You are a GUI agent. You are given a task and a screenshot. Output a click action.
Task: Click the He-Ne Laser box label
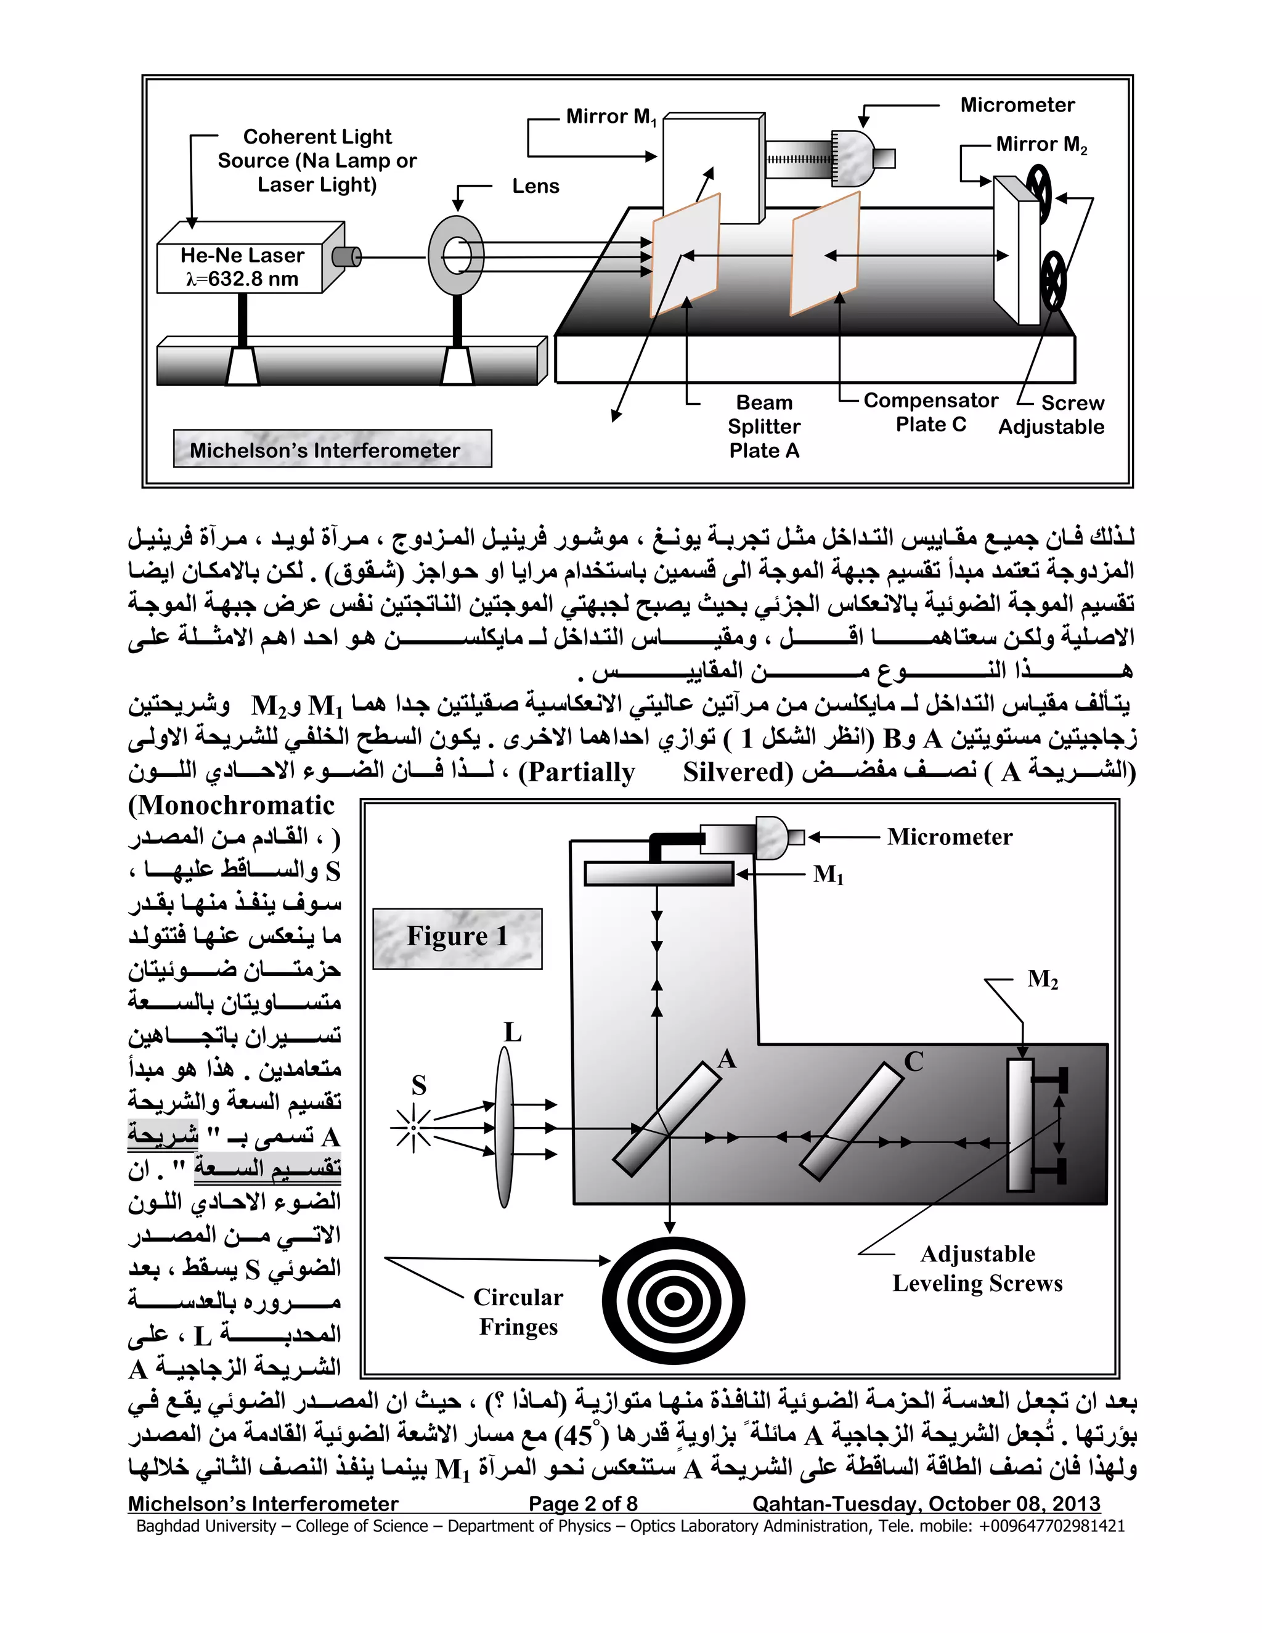tap(242, 267)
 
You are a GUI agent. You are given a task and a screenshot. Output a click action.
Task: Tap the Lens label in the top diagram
tap(535, 186)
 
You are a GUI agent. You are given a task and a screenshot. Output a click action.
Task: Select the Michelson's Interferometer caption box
tap(332, 449)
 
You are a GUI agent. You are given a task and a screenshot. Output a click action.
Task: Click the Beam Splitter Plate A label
tap(764, 427)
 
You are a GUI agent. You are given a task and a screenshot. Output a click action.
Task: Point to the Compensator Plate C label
tap(931, 412)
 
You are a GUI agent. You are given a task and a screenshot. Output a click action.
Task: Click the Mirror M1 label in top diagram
tap(610, 117)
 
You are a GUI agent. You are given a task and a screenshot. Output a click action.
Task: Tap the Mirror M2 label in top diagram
tap(1041, 144)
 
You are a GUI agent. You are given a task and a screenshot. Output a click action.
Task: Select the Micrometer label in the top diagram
tap(1017, 105)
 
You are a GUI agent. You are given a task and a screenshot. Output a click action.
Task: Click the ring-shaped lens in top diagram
tap(455, 256)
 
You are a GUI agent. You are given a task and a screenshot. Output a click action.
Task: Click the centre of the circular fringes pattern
tap(674, 1301)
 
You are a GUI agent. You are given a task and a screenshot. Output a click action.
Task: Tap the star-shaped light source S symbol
tap(412, 1128)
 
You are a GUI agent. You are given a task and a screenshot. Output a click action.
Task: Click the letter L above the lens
tap(512, 1033)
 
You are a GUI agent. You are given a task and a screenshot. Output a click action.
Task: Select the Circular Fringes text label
tap(518, 1311)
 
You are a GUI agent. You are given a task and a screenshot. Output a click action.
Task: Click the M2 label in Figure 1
tap(1042, 979)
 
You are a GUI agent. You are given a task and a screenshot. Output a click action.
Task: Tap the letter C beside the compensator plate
tap(914, 1062)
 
